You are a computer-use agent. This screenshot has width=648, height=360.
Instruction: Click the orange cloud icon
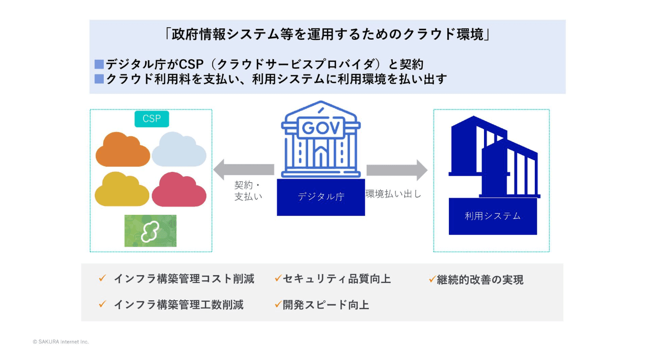[123, 150]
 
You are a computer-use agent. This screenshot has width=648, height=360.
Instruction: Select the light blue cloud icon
[179, 150]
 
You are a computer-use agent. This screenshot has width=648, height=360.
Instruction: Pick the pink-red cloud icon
[179, 190]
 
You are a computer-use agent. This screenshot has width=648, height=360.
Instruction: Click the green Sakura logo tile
[150, 231]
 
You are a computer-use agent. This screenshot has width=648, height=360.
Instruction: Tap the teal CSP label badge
[151, 118]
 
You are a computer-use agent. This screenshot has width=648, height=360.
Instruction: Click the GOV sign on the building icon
[320, 127]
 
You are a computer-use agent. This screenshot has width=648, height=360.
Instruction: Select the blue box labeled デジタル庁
[321, 197]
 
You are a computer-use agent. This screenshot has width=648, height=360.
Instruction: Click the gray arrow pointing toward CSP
[244, 170]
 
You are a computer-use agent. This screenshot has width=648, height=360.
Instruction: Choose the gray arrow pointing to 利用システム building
[397, 170]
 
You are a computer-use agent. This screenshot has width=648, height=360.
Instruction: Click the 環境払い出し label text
[393, 194]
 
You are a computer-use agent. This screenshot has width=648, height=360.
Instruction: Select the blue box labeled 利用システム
[492, 215]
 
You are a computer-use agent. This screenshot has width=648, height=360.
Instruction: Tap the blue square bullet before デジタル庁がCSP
[99, 64]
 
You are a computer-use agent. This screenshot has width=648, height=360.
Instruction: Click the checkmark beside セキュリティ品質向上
[278, 279]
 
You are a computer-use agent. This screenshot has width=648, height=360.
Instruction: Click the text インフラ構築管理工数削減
[178, 304]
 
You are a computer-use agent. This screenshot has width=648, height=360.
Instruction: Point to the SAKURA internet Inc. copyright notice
[61, 342]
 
